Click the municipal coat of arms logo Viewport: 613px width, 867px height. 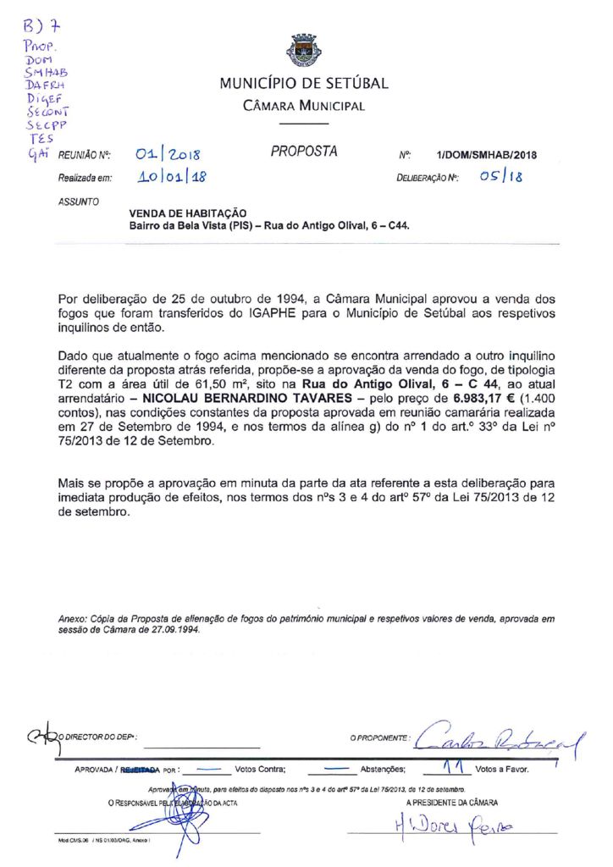point(304,52)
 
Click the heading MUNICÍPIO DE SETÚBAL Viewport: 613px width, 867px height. point(304,83)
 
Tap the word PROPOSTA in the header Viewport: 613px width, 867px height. point(304,152)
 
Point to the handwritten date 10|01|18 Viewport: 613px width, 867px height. point(172,177)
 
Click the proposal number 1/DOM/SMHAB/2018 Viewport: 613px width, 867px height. point(487,155)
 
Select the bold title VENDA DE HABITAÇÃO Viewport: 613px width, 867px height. point(187,214)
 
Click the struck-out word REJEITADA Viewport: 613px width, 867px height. point(140,770)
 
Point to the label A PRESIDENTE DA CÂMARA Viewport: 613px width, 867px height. point(451,802)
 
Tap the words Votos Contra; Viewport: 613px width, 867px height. point(260,770)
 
